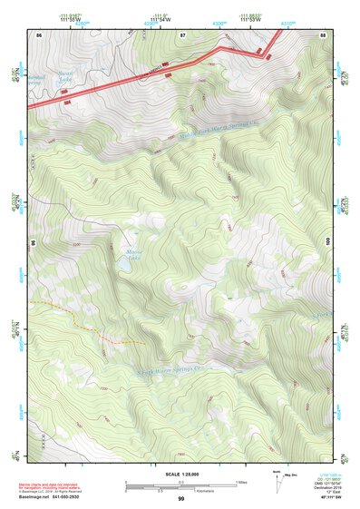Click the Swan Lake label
point(63,83)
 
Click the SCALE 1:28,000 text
point(180,475)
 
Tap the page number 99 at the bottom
point(181,499)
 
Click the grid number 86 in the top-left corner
point(38,34)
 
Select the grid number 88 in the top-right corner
point(323,34)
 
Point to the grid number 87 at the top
point(182,34)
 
